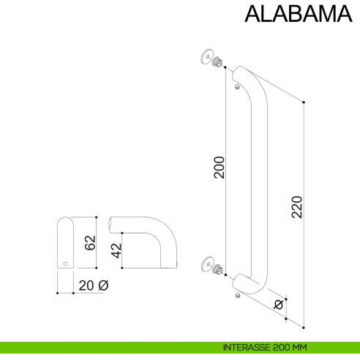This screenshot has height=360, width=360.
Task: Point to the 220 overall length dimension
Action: pos(296,211)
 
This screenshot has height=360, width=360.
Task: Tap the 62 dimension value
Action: pos(89,243)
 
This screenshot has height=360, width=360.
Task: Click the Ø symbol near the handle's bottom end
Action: pos(277,304)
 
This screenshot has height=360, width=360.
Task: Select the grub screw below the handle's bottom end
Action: pos(239,296)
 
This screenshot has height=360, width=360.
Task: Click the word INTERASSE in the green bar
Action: pos(248,347)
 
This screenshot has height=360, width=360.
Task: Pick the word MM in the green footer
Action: pos(296,347)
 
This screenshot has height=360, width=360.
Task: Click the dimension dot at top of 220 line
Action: pos(304,103)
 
